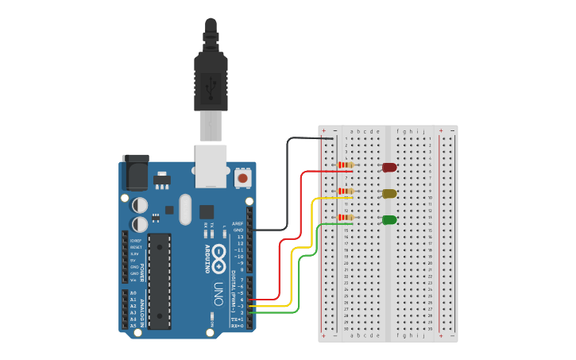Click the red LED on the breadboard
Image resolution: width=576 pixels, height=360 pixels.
click(x=389, y=168)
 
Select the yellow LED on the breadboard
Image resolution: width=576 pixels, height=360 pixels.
click(x=389, y=194)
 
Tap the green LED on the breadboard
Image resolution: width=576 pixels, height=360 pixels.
click(x=389, y=220)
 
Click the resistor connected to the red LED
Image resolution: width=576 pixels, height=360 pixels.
click(x=346, y=165)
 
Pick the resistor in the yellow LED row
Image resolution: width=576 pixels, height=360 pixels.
click(x=346, y=192)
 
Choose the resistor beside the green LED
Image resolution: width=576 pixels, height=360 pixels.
click(x=346, y=217)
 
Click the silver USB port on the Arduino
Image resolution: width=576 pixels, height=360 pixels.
click(x=211, y=165)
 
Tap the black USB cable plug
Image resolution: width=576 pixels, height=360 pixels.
click(x=211, y=79)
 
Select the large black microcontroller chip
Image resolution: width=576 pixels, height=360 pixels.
click(x=159, y=281)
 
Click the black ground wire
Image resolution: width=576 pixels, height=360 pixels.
click(x=286, y=191)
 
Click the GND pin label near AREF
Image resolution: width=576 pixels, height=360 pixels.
click(x=237, y=230)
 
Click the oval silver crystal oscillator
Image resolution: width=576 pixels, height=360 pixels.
click(x=185, y=210)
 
